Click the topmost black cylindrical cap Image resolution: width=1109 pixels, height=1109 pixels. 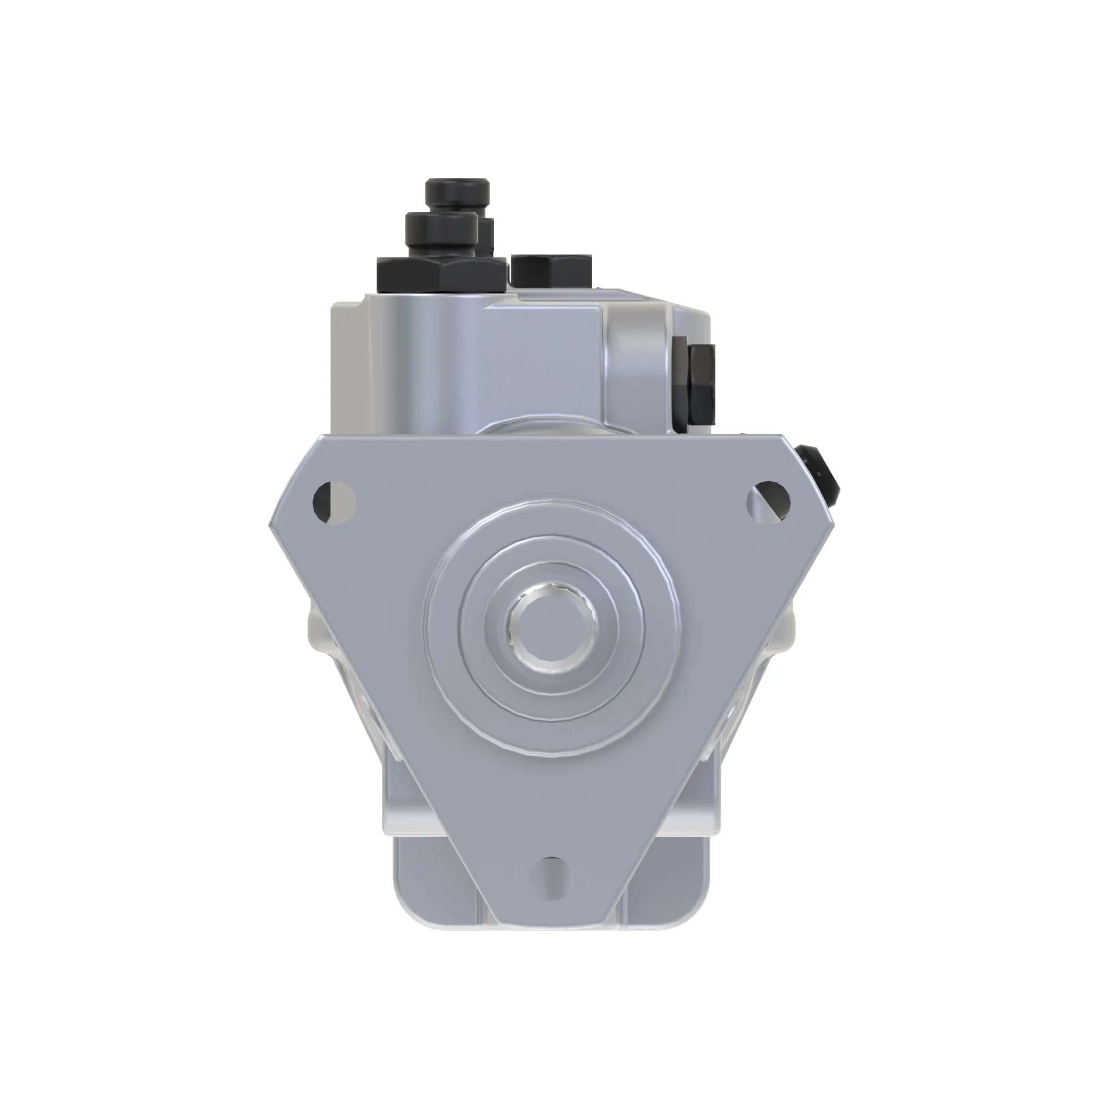(x=457, y=192)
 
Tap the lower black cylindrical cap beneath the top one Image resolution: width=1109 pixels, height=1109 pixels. (x=441, y=233)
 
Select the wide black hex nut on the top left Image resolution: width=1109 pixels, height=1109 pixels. (x=441, y=274)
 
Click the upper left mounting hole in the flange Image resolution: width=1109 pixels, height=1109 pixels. (x=335, y=502)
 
